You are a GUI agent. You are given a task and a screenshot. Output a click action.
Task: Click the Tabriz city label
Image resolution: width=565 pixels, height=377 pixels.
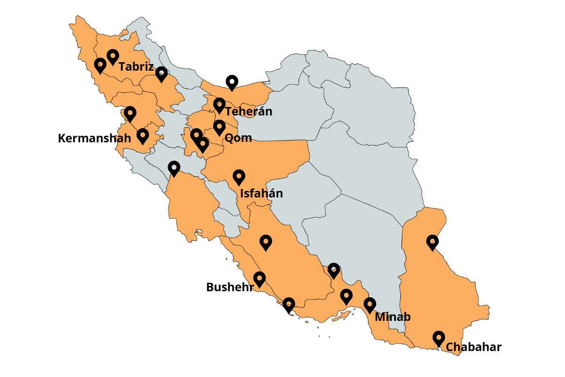(136, 67)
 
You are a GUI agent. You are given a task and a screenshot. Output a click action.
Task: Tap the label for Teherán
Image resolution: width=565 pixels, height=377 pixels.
(249, 112)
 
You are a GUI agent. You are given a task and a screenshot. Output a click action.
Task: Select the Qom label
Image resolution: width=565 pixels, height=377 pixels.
(238, 138)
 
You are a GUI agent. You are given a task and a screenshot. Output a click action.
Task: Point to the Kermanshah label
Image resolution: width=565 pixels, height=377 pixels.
(94, 139)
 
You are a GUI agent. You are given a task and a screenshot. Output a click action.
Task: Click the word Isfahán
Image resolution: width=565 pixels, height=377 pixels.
(261, 193)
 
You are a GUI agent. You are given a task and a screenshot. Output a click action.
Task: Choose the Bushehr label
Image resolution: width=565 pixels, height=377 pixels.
(230, 287)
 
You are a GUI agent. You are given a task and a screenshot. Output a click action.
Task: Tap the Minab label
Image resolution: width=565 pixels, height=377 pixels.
(393, 317)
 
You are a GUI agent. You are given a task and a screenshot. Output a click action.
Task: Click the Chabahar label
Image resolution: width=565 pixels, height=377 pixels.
(473, 347)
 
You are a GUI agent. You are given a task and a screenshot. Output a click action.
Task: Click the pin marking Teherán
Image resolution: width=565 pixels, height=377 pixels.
(219, 105)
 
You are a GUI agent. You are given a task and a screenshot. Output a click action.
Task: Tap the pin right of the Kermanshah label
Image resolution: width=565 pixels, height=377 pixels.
(143, 136)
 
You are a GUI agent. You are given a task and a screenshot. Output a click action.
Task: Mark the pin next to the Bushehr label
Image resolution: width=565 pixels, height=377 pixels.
(259, 279)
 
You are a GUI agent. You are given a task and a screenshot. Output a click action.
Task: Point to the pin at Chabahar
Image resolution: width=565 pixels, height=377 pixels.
(439, 338)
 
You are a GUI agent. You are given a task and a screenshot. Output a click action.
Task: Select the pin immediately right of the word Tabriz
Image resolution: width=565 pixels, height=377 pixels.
(161, 74)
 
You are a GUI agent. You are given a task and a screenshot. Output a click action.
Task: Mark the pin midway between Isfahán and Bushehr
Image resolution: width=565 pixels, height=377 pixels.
(266, 242)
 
